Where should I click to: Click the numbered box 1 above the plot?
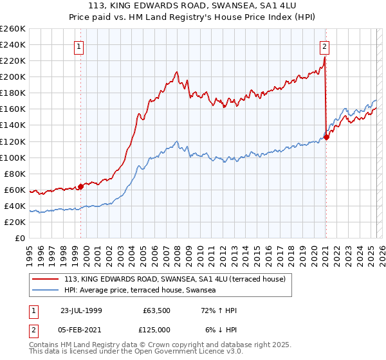tap(78, 46)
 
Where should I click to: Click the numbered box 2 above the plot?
tap(324, 46)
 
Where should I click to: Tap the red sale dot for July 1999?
tap(81, 186)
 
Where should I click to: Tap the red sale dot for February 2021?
tap(327, 136)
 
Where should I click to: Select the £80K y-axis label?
tap(16, 174)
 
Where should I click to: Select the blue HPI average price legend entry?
tap(140, 291)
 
